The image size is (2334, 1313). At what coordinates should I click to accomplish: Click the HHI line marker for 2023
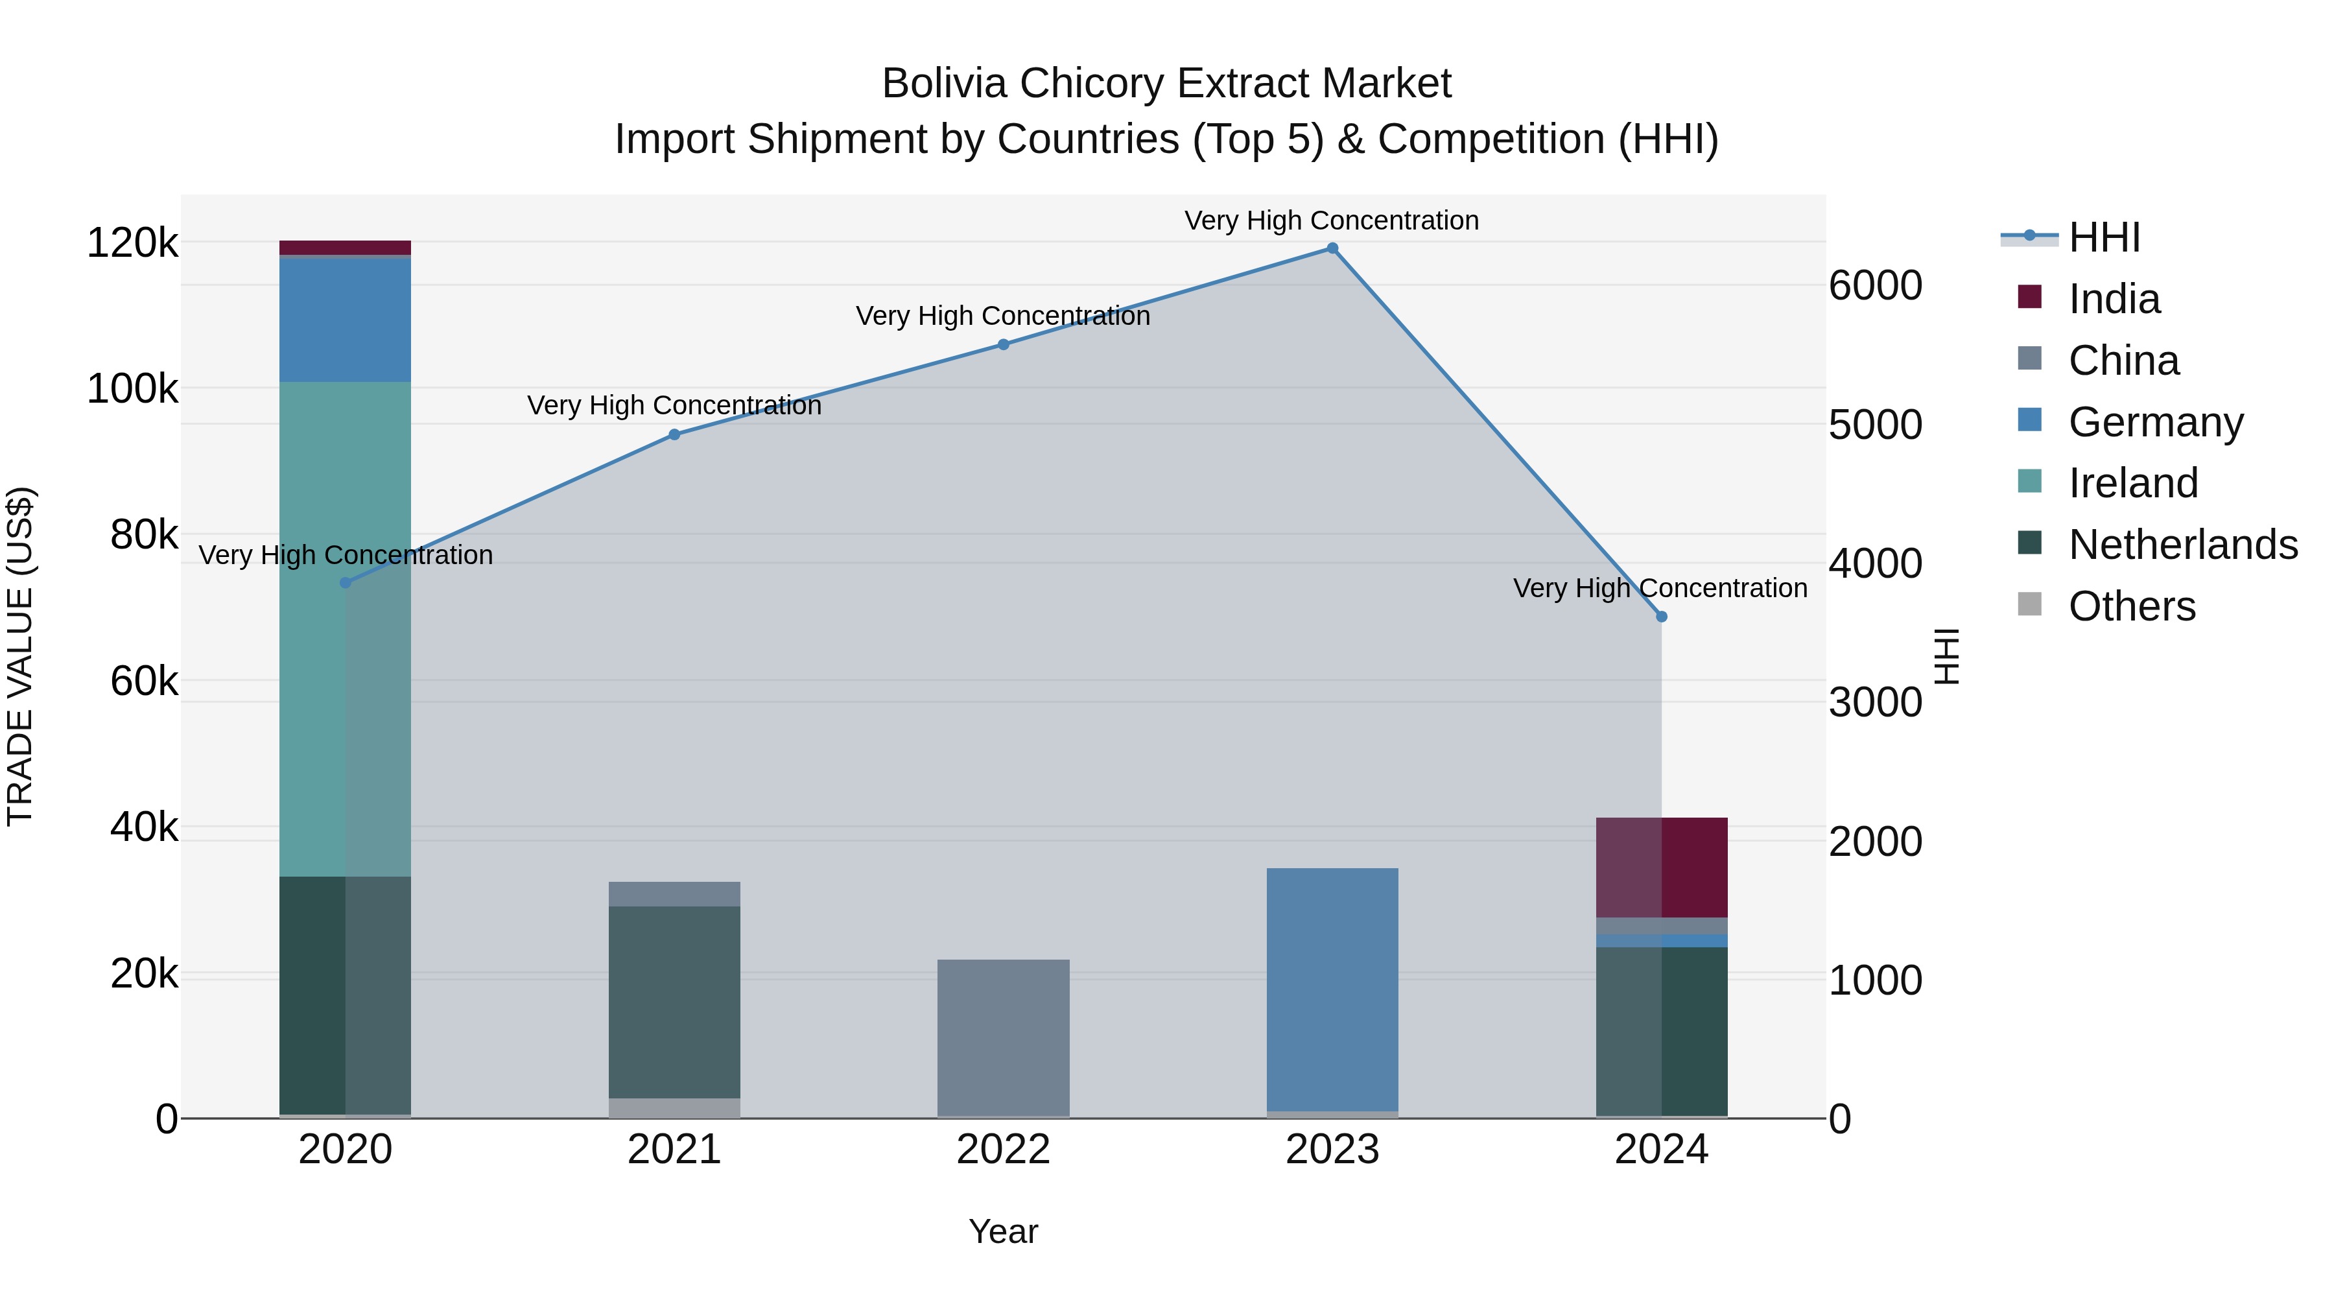[1332, 248]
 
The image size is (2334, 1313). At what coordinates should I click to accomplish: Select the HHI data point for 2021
[674, 435]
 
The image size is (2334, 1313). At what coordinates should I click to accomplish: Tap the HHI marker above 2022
[1003, 344]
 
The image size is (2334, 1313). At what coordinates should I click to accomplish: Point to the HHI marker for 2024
[1661, 617]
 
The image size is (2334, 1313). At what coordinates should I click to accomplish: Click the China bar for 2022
[1003, 1037]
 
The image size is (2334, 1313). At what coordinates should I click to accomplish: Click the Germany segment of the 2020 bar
[345, 320]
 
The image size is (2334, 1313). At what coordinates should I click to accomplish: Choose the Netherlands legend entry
[2182, 545]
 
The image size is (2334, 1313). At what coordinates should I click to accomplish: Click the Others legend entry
[2131, 606]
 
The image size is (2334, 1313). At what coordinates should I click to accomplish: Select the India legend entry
[2113, 299]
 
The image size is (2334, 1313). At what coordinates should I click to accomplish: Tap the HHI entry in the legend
[2103, 237]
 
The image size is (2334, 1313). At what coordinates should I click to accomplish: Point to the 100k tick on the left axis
[132, 389]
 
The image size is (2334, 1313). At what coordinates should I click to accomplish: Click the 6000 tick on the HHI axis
[1874, 285]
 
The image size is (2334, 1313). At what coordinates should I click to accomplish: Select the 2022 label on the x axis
[1003, 1150]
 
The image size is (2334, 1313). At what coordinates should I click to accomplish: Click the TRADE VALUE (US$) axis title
[20, 656]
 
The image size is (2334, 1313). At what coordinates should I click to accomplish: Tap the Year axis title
[1003, 1231]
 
